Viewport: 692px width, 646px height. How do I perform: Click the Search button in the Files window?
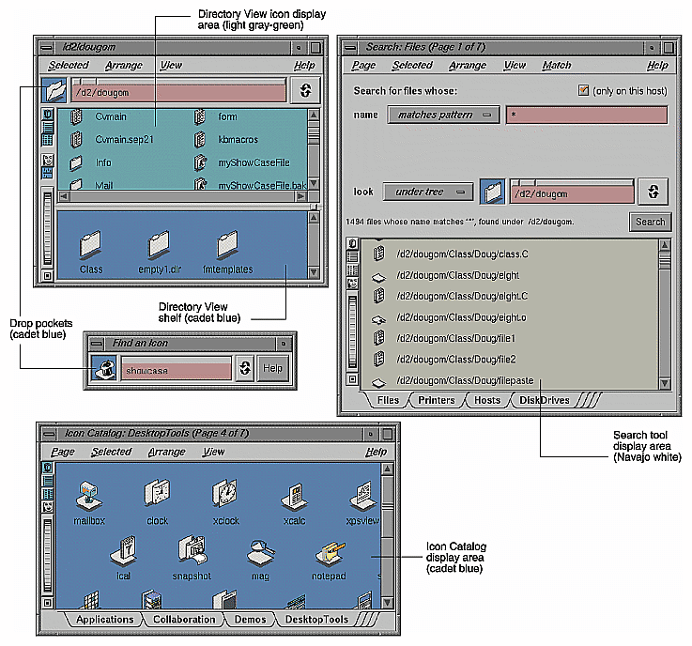[650, 222]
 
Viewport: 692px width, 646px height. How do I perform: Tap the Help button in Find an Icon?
[272, 369]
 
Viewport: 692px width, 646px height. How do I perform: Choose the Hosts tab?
[487, 400]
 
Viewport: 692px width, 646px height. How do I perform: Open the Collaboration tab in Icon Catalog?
[184, 620]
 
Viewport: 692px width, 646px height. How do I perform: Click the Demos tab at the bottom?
[250, 620]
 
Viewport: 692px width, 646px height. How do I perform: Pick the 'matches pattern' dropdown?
[443, 115]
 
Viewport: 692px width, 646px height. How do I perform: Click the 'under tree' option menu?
[427, 192]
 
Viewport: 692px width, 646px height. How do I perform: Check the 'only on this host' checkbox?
[583, 90]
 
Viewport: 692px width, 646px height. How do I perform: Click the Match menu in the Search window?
[557, 66]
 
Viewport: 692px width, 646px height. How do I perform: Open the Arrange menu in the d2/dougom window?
[124, 66]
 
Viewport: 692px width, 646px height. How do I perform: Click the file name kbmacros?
[238, 139]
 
